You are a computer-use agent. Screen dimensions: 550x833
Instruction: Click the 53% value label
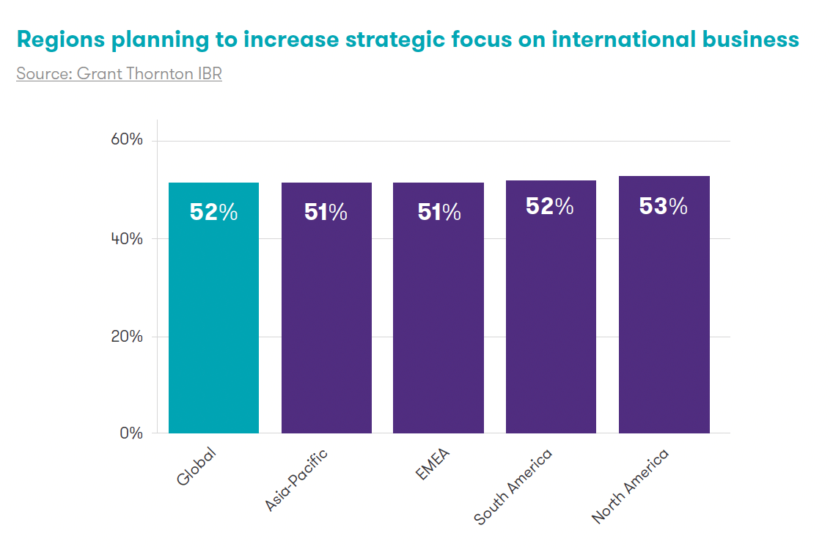pos(664,207)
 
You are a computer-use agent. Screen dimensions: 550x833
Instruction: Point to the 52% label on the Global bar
pos(213,212)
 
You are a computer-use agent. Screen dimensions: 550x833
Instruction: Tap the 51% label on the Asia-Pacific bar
pos(326,212)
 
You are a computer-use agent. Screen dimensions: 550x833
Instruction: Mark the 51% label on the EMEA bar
pos(439,212)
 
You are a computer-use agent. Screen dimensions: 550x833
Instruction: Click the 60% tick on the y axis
pos(126,140)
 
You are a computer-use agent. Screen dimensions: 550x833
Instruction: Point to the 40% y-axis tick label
pos(126,238)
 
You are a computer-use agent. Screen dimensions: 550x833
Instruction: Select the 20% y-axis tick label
pos(126,337)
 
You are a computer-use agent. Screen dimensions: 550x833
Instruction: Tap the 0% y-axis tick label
pos(131,433)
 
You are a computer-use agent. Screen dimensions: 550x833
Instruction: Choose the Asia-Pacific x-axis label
pos(296,480)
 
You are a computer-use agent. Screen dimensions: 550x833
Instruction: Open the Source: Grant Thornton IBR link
pos(119,74)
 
